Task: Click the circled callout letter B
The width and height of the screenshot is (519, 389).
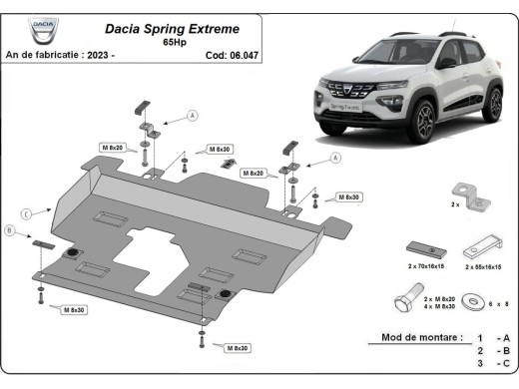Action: [x=10, y=231]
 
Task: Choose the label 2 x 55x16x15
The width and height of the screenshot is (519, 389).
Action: [x=484, y=268]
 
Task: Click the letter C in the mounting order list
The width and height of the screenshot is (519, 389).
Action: [x=505, y=365]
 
